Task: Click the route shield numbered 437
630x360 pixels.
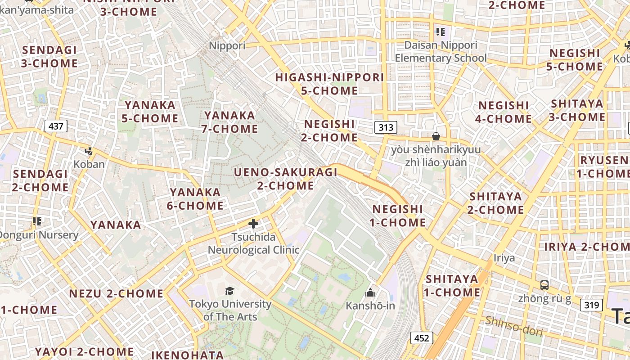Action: click(56, 126)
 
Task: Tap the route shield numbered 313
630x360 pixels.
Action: click(386, 127)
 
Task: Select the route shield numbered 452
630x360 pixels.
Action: click(422, 338)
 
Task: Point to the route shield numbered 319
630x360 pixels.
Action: click(591, 305)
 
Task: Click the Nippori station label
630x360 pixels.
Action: click(227, 45)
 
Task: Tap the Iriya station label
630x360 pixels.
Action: click(504, 258)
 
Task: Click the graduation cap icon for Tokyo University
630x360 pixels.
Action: click(229, 291)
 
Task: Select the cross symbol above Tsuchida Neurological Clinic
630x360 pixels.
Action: click(253, 223)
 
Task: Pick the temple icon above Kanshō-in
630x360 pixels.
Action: click(370, 293)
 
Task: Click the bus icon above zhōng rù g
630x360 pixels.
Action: click(544, 285)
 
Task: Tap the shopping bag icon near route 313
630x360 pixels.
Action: click(436, 136)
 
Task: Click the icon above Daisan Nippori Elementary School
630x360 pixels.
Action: click(440, 32)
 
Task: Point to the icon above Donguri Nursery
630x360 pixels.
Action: click(37, 221)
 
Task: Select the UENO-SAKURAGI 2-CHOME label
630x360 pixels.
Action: click(286, 179)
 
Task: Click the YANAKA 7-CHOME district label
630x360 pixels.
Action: click(229, 122)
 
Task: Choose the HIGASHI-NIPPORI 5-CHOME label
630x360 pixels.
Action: click(329, 84)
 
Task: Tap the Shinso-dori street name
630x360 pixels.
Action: click(514, 326)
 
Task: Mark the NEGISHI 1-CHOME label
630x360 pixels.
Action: click(398, 216)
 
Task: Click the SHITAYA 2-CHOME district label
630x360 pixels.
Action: click(495, 203)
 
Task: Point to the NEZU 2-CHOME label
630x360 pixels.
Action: click(116, 294)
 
